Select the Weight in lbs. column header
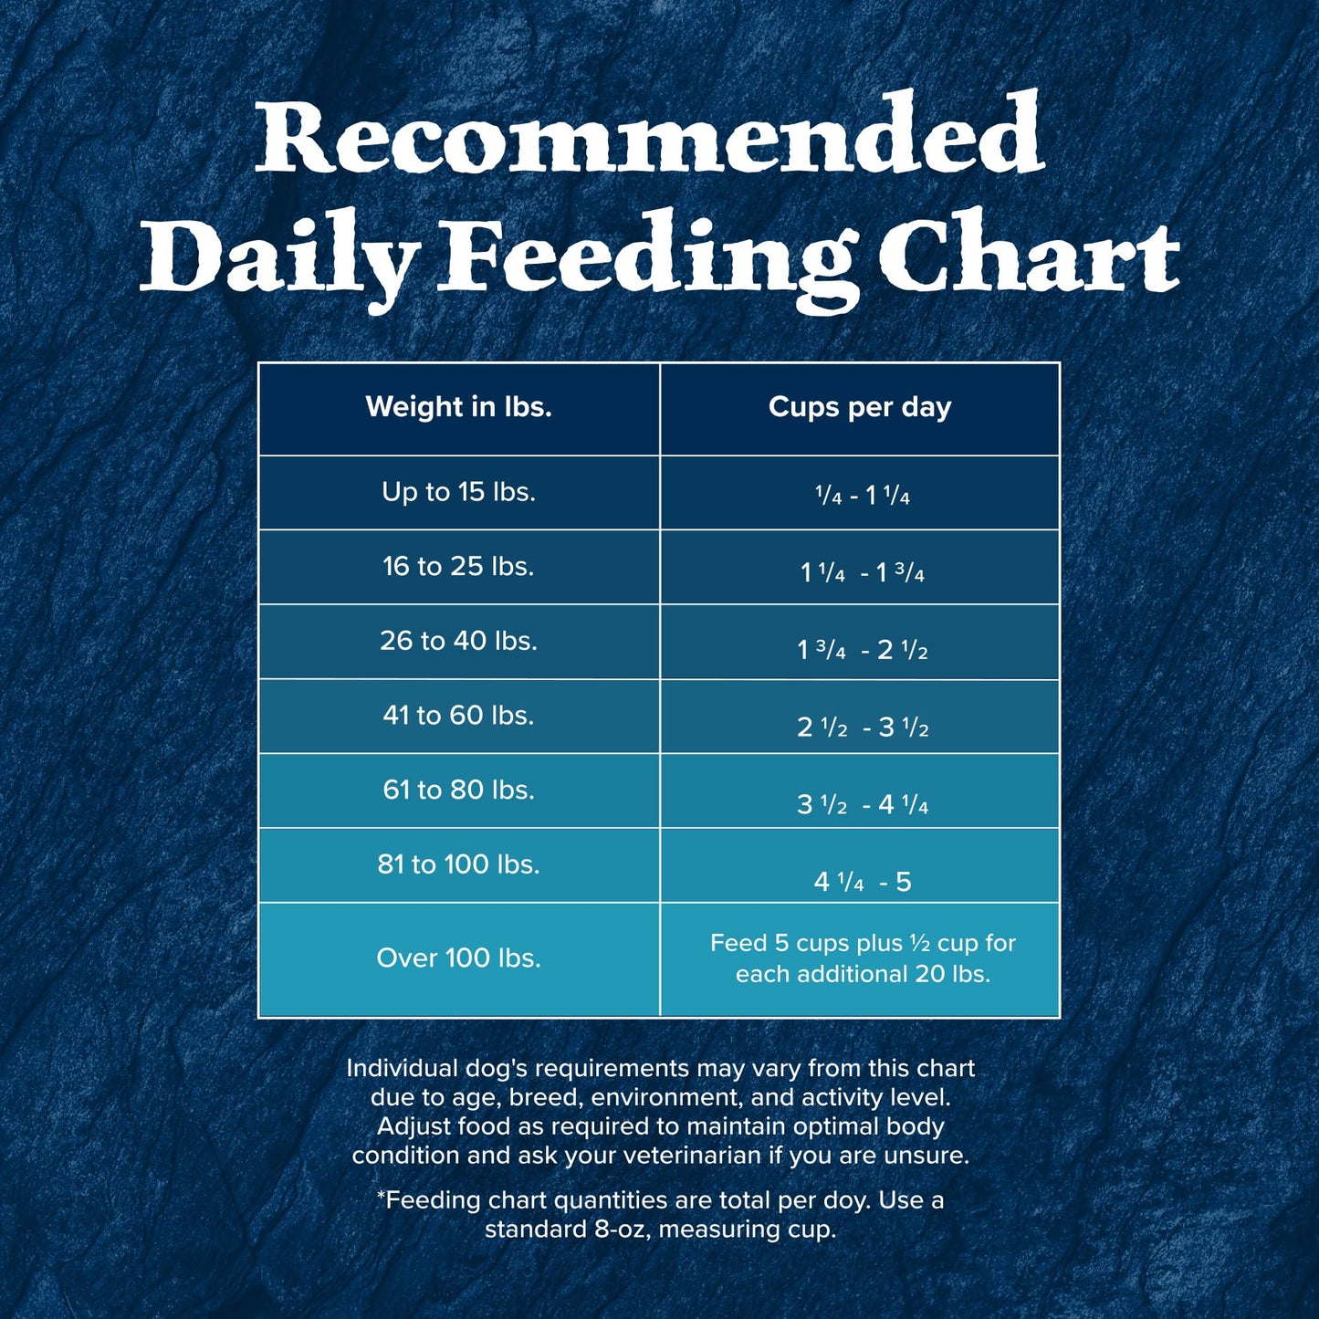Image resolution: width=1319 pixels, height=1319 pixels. click(458, 407)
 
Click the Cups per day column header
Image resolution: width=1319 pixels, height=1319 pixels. click(859, 407)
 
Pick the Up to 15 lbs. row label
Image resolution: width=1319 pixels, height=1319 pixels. click(458, 492)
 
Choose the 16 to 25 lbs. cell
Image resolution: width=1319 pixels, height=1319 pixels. click(458, 567)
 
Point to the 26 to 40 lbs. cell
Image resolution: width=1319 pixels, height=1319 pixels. click(458, 641)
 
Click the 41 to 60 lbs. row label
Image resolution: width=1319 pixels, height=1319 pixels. click(458, 715)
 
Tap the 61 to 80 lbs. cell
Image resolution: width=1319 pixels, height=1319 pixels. click(458, 790)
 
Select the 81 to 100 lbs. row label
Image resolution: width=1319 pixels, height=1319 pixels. click(458, 864)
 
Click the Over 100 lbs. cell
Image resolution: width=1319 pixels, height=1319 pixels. click(458, 958)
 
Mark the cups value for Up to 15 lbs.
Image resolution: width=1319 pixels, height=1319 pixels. click(862, 496)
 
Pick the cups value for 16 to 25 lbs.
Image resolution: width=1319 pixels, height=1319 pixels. click(862, 572)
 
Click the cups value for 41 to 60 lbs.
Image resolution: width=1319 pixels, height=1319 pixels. click(862, 727)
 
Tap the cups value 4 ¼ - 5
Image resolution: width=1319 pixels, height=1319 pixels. click(862, 882)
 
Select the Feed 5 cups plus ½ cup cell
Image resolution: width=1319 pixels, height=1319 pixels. click(862, 958)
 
